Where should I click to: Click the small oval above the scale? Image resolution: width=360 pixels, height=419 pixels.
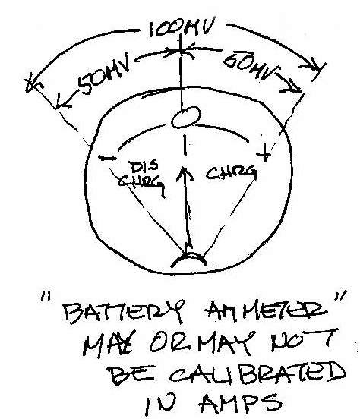pos(185,116)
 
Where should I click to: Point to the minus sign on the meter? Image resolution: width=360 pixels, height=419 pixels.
pos(107,159)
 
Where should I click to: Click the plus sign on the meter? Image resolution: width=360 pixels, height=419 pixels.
pos(264,153)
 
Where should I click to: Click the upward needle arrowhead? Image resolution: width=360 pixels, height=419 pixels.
pos(185,174)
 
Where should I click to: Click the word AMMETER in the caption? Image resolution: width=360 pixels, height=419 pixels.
pos(265,311)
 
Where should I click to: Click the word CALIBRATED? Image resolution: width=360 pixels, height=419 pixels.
pos(257,372)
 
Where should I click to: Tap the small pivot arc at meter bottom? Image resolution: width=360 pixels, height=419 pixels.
pos(188,258)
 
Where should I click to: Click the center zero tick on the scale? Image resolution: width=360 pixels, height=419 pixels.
pos(185,145)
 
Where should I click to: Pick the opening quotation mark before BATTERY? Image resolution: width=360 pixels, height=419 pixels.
pos(43,296)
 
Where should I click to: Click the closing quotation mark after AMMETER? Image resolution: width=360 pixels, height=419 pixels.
pos(340,296)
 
